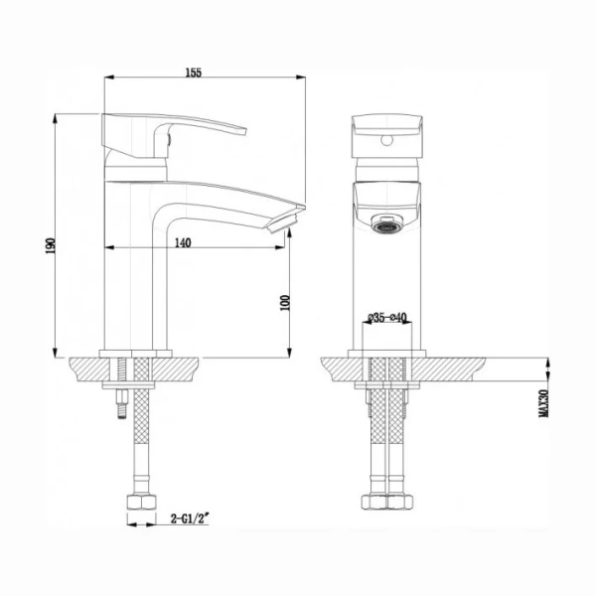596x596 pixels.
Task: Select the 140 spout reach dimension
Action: [181, 241]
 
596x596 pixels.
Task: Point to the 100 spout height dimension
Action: [285, 302]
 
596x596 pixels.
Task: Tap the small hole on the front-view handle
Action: [384, 141]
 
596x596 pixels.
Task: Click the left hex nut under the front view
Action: [375, 502]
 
